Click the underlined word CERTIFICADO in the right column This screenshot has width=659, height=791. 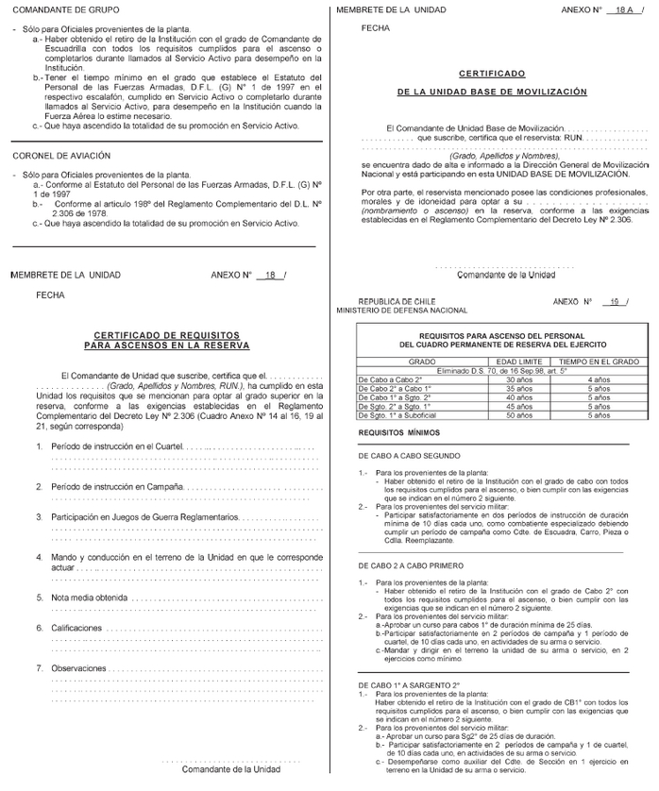[491, 73]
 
